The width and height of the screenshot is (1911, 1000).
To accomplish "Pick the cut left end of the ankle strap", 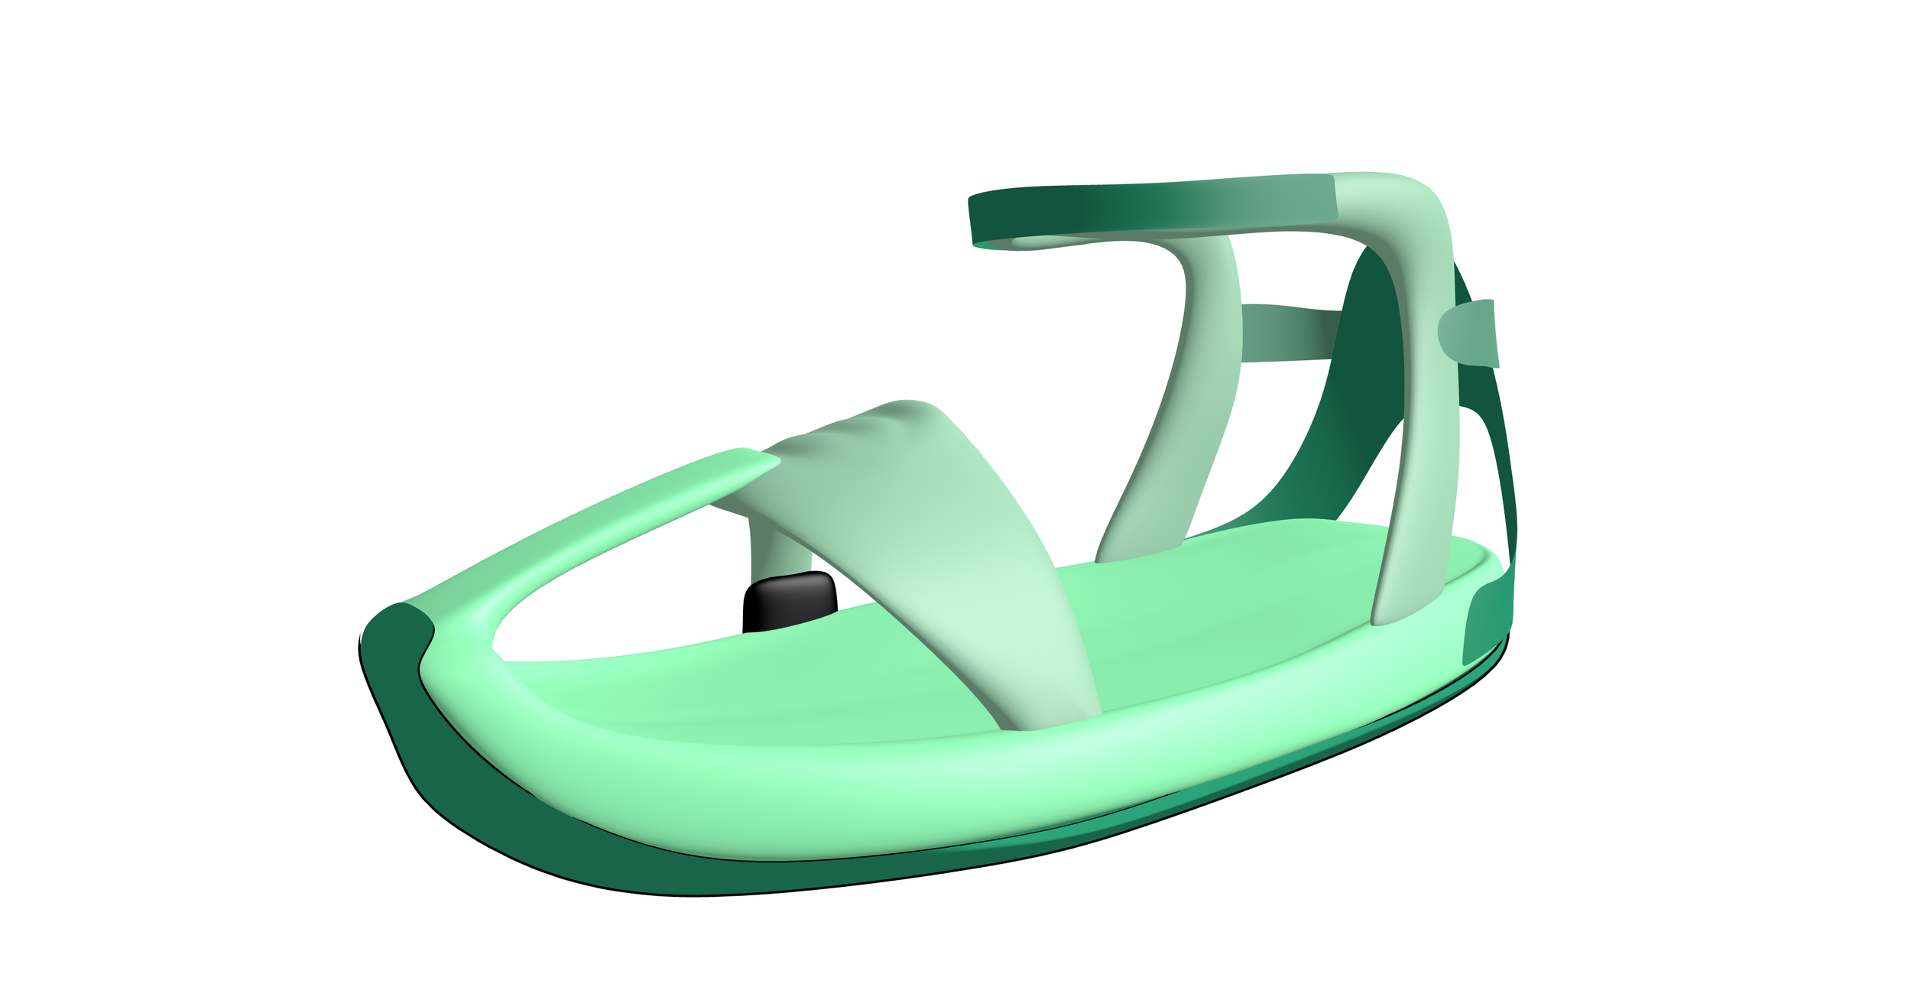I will (x=975, y=222).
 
